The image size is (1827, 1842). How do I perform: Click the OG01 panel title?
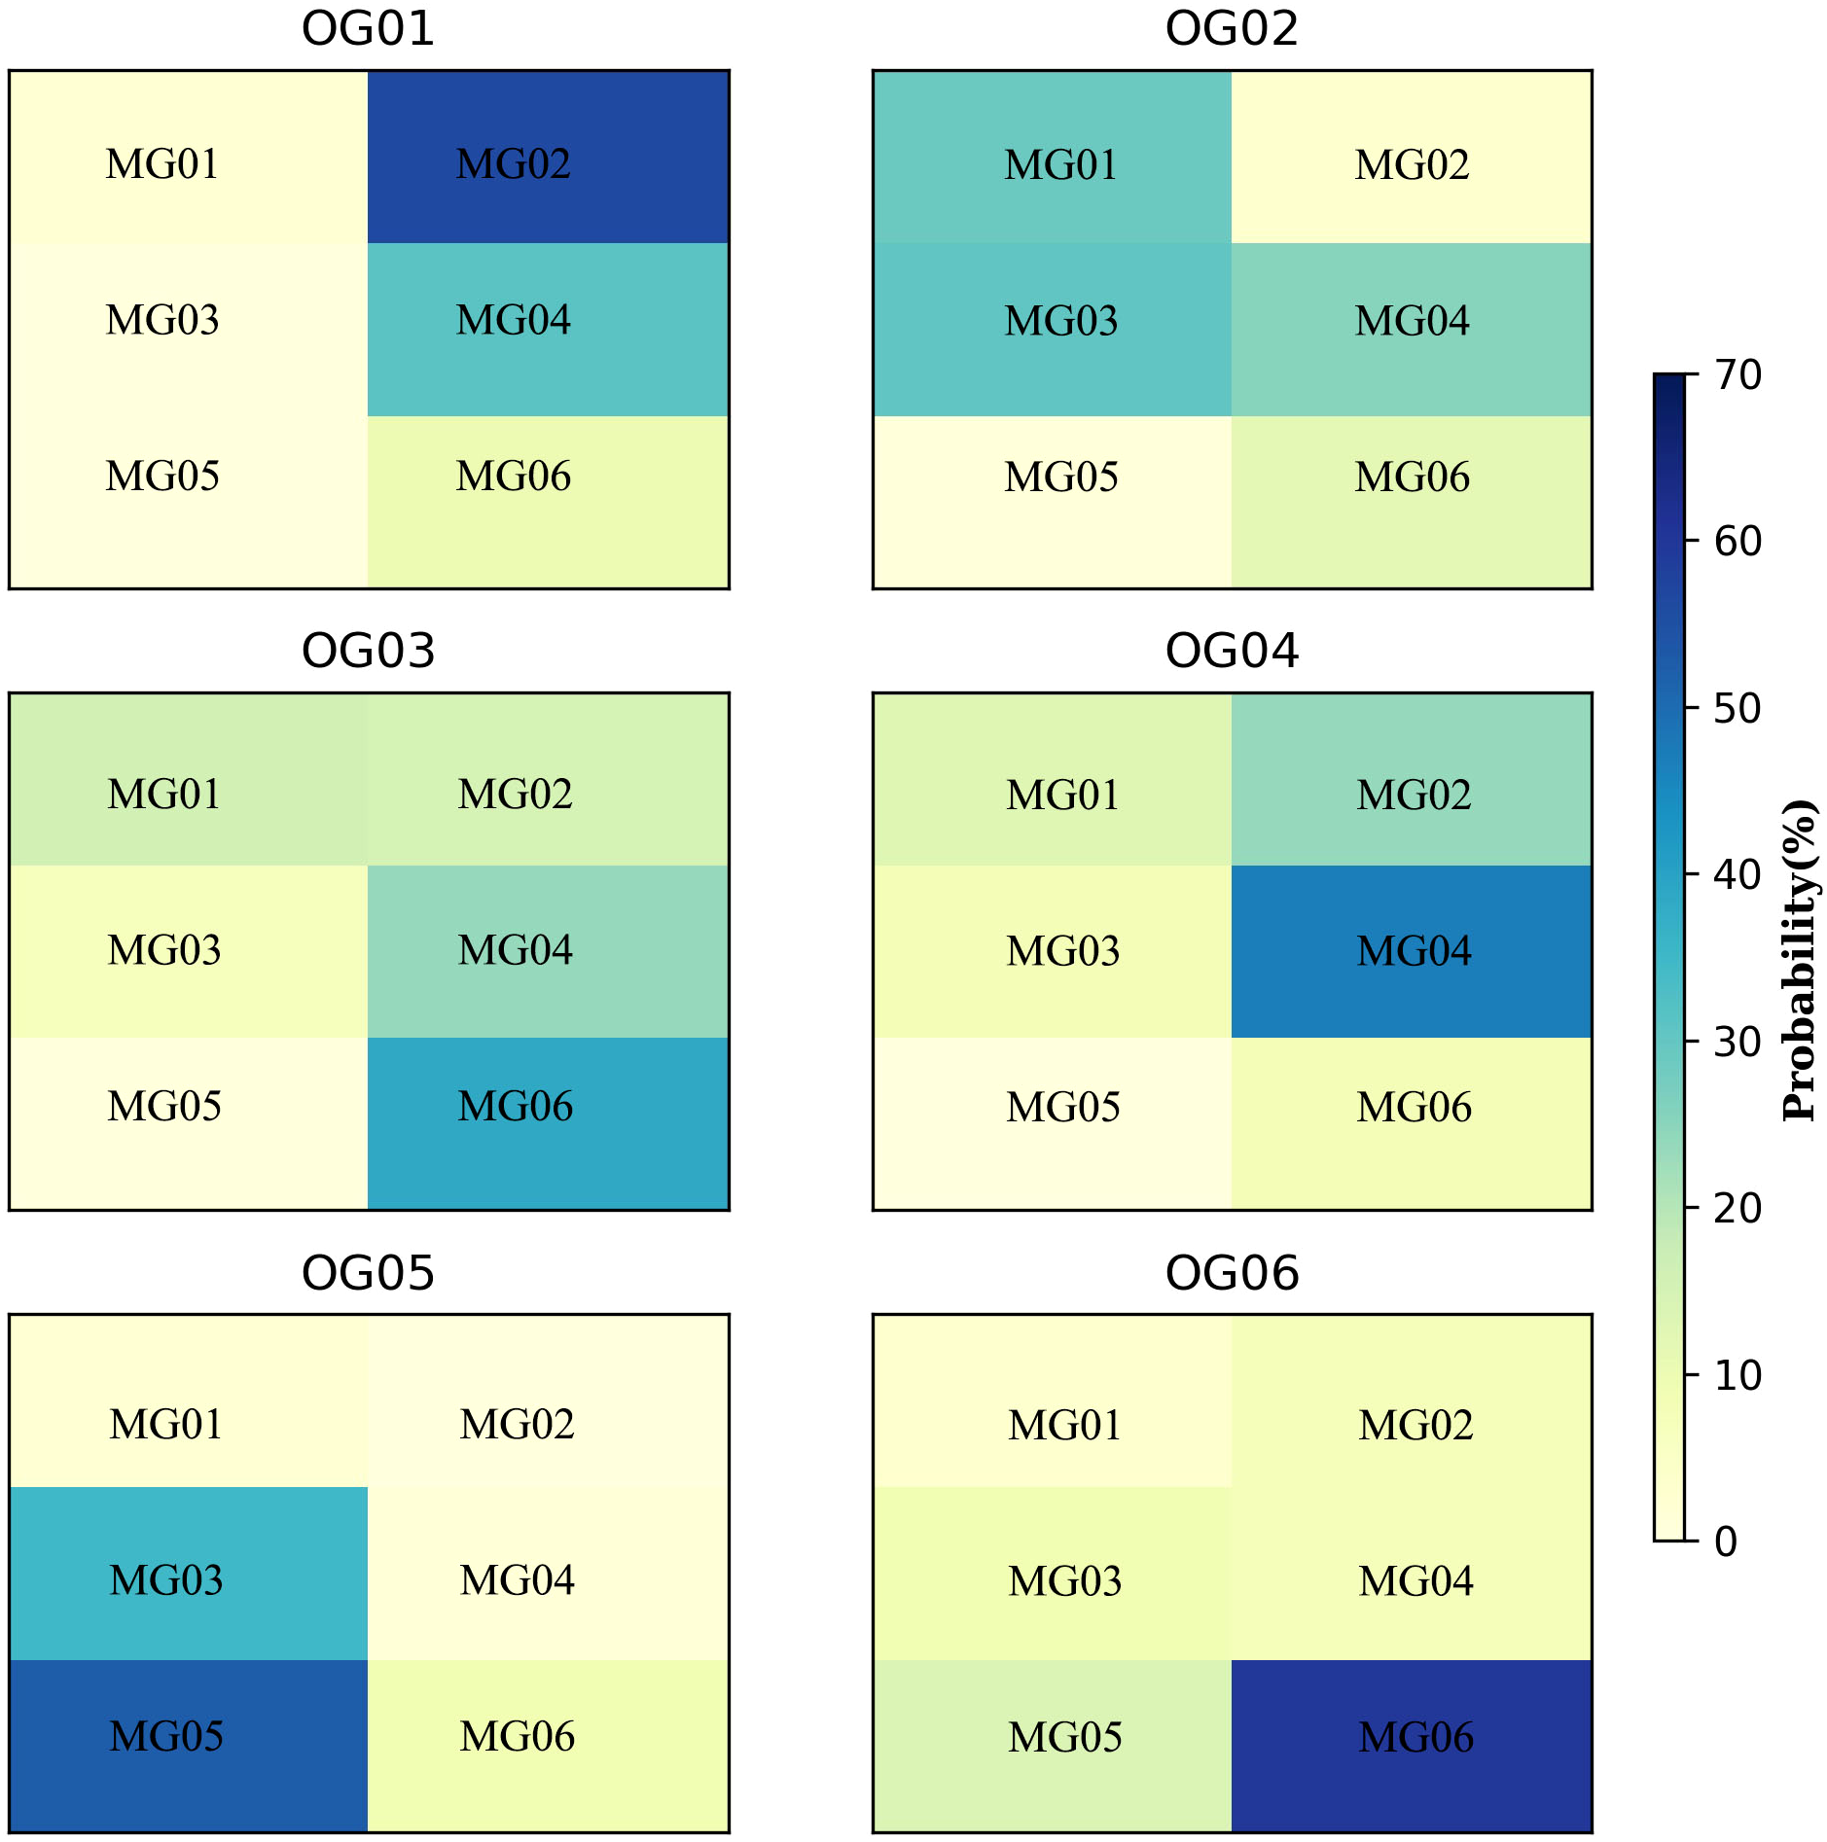point(368,29)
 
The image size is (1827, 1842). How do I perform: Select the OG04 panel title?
point(1232,651)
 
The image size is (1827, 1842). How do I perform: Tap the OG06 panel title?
point(1232,1273)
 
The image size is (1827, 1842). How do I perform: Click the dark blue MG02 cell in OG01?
point(548,157)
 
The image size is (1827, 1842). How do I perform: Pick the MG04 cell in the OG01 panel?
point(548,329)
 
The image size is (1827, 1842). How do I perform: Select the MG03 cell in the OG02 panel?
point(1053,329)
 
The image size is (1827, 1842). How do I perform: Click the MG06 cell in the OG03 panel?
point(548,1123)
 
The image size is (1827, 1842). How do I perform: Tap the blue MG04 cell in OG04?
point(1411,951)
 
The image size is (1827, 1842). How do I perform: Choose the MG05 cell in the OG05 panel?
point(189,1746)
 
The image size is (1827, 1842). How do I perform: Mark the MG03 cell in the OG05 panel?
point(189,1573)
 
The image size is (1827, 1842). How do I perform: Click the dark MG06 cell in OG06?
point(1411,1746)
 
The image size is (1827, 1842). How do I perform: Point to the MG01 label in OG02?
point(1060,165)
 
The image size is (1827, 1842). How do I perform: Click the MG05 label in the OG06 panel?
point(1064,1737)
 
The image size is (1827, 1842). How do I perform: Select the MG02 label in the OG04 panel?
point(1414,796)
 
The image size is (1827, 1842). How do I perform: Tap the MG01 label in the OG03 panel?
point(163,795)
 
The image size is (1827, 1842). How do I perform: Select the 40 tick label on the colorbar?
point(1737,875)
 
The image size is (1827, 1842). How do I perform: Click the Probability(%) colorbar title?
point(1800,960)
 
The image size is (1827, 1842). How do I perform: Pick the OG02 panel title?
point(1232,29)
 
